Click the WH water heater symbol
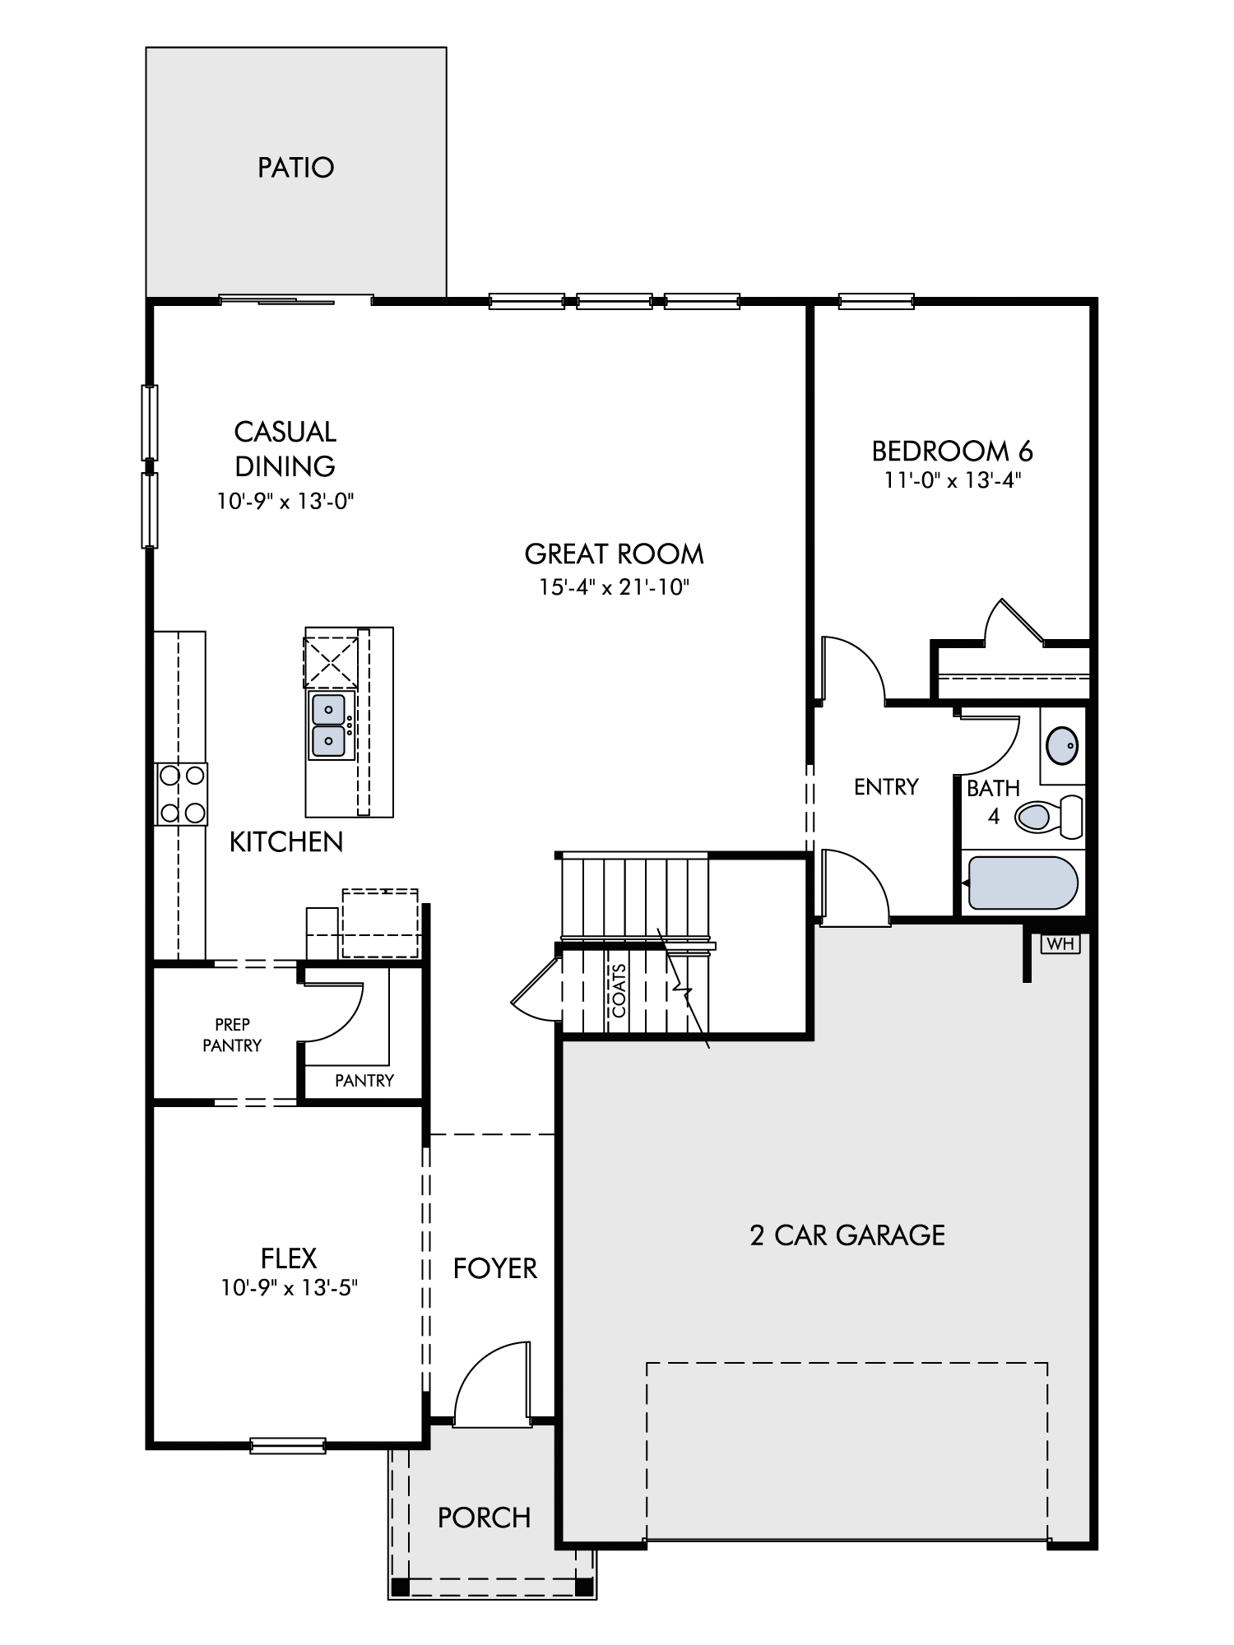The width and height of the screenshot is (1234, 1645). [1060, 943]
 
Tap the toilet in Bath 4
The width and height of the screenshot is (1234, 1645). [1049, 817]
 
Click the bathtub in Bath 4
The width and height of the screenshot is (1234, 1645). [1022, 883]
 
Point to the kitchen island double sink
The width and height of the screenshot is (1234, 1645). [329, 725]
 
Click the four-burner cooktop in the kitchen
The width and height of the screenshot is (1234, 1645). [182, 794]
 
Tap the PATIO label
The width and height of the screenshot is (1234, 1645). [296, 168]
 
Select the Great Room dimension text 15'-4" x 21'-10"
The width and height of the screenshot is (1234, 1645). [614, 587]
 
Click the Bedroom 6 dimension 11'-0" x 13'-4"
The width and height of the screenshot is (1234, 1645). [952, 480]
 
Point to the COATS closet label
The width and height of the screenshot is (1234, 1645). [619, 990]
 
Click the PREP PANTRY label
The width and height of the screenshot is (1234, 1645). [232, 1035]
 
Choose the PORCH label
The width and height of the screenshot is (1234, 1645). [484, 1518]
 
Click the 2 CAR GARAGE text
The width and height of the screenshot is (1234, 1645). [847, 1235]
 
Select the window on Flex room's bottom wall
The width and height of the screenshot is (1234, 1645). [288, 1445]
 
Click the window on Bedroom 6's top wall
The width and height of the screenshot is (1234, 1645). [876, 301]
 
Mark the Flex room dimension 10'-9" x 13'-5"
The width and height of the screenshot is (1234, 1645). [290, 1287]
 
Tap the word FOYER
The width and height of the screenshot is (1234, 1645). [494, 1268]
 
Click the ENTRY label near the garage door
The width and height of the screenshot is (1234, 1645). [886, 787]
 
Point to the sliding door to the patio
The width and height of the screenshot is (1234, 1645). [296, 300]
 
